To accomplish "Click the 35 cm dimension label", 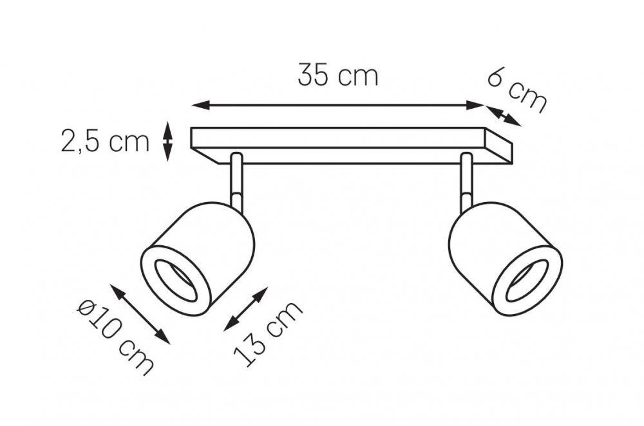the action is (337, 75).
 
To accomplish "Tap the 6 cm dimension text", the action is (518, 92).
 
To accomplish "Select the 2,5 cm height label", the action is (105, 140).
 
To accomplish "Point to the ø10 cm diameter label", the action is (115, 337).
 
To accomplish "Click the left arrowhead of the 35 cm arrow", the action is (201, 106).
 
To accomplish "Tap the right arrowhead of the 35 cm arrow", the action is (476, 106).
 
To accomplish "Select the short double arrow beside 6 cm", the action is (504, 116).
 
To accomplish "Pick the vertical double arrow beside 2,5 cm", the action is (167, 141).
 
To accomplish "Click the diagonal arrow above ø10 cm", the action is (140, 314).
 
